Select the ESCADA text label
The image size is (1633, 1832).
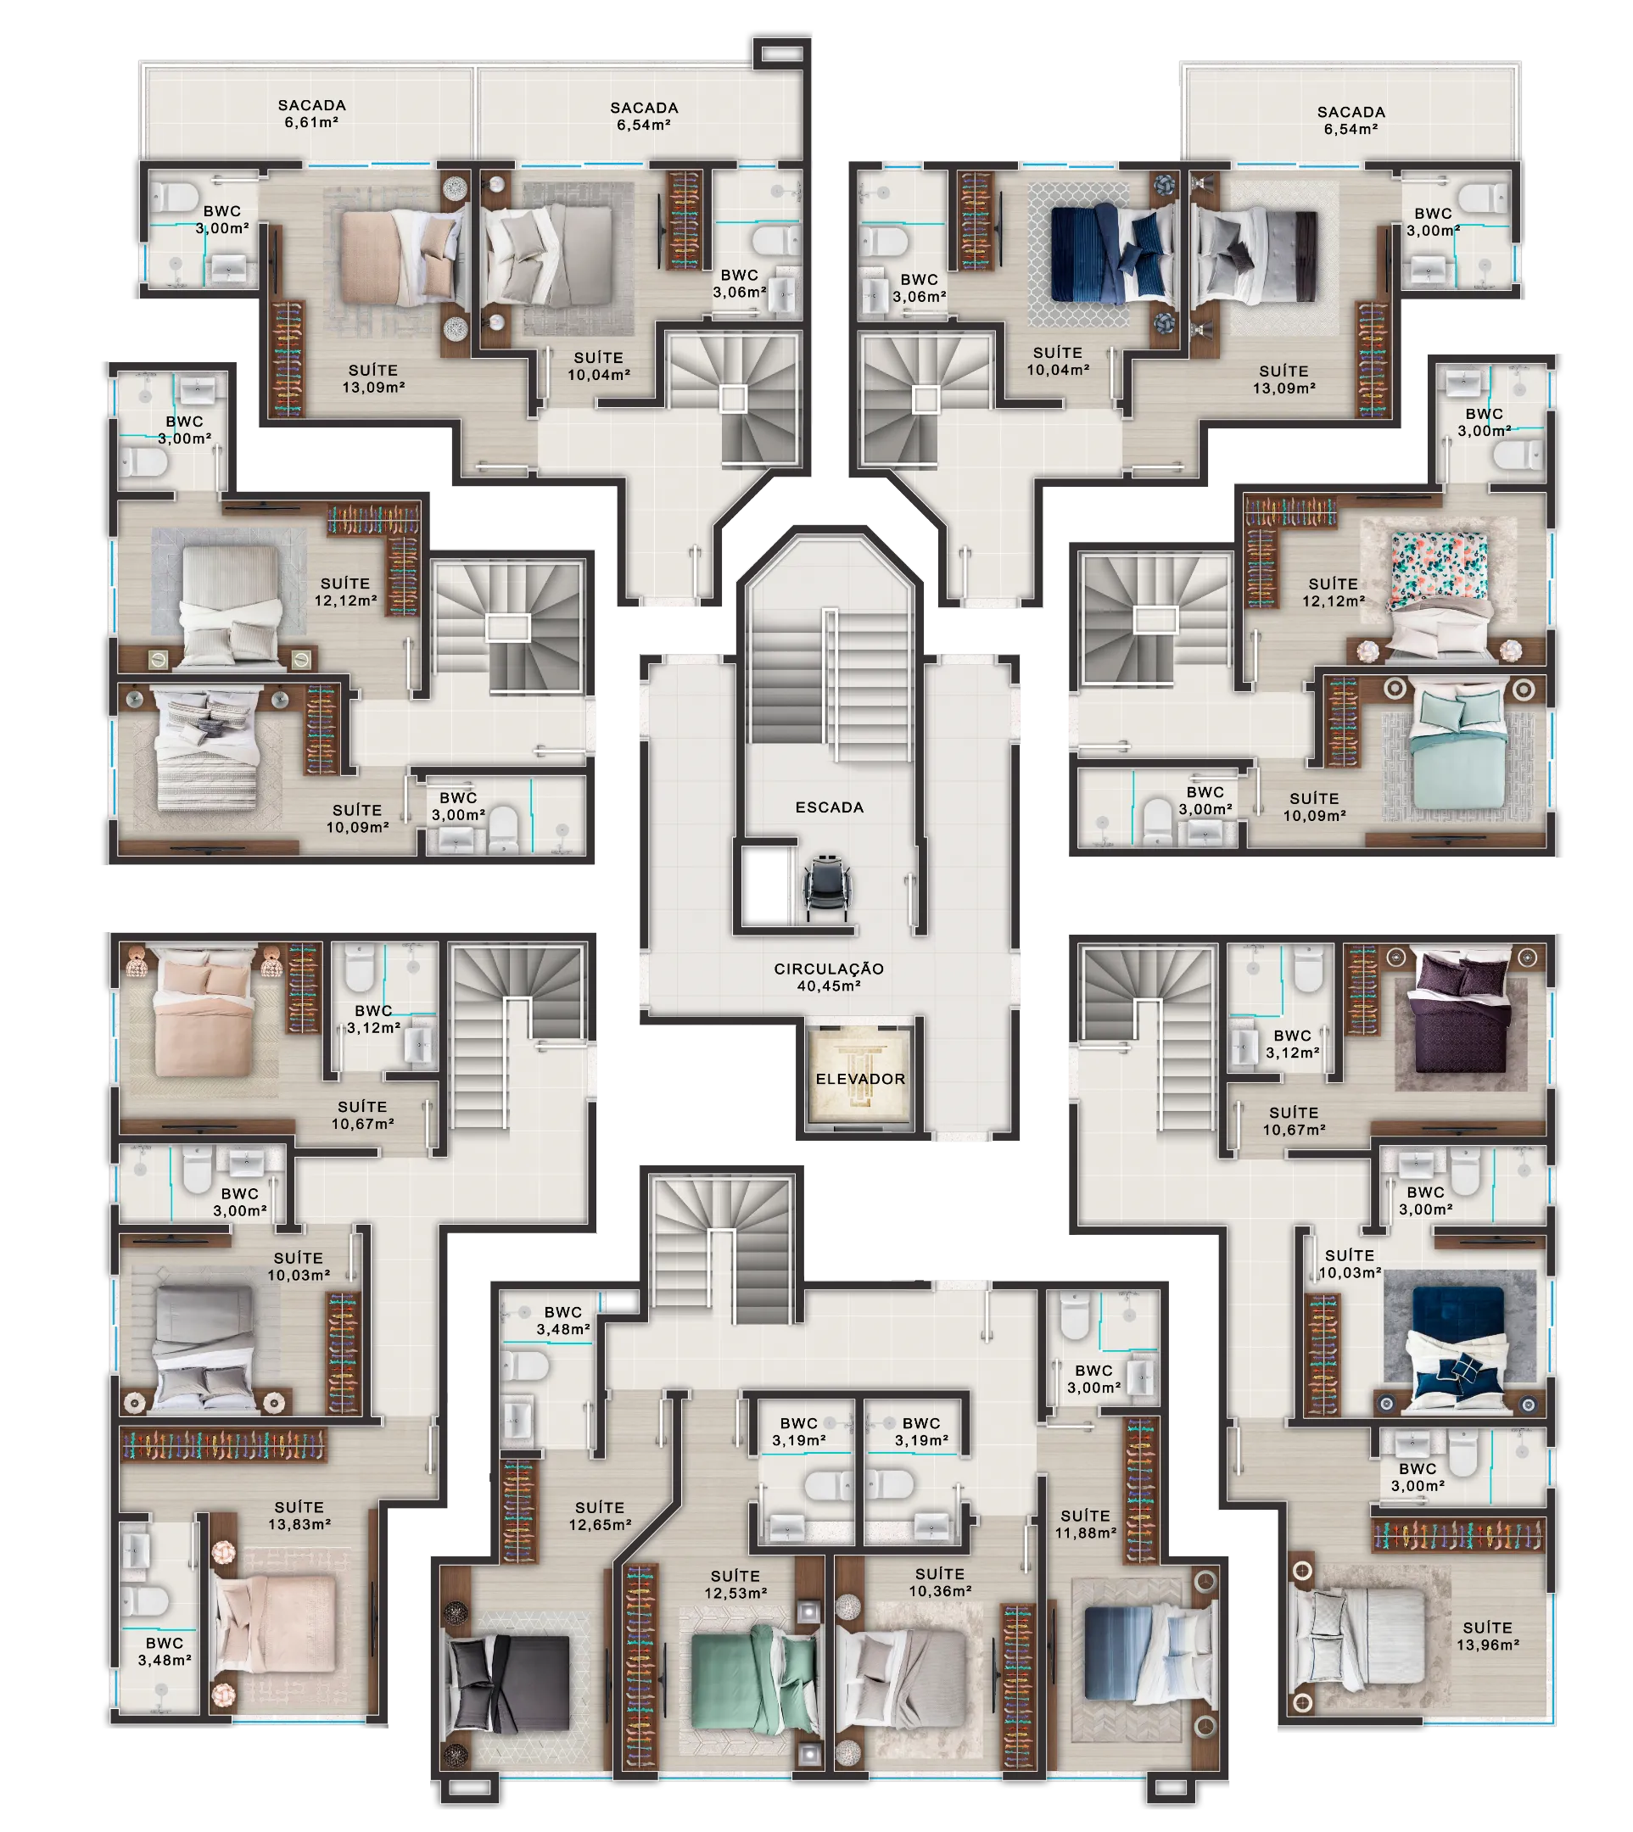point(830,807)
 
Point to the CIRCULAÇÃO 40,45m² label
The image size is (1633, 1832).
point(829,977)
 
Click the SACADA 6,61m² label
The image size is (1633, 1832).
point(311,114)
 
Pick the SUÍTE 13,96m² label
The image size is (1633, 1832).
point(1488,1636)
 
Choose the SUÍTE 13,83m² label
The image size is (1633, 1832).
point(299,1516)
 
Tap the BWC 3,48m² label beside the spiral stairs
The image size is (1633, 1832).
point(563,1321)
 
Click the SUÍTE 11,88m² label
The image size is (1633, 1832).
point(1086,1524)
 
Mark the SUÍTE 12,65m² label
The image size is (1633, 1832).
point(601,1516)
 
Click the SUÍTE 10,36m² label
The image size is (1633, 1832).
point(940,1583)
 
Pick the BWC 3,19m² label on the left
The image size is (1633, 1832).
point(798,1432)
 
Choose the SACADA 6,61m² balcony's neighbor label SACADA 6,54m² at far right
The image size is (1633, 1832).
point(1351,120)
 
